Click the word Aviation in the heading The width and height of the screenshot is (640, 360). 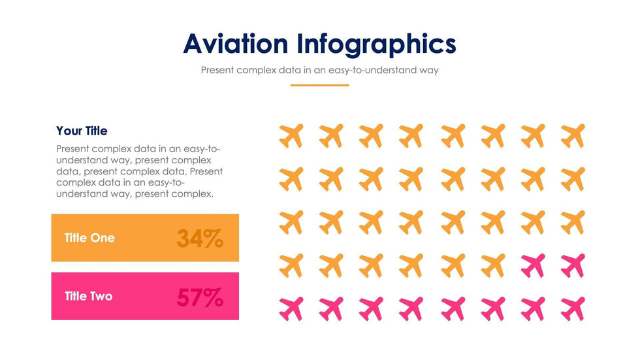tap(235, 44)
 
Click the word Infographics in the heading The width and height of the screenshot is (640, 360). tap(376, 45)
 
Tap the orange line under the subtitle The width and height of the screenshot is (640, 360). tap(319, 85)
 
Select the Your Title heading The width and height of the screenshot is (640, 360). tap(82, 131)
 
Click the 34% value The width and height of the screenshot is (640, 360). tap(200, 238)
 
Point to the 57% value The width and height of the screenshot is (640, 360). tap(200, 297)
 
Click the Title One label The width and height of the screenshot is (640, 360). tap(89, 238)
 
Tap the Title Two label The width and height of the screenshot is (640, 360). tap(89, 296)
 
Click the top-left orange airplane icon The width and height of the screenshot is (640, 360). tap(291, 136)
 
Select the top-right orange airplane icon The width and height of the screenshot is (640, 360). tap(573, 136)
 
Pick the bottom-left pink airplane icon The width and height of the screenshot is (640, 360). tap(291, 308)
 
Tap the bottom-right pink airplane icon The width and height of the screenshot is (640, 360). tap(573, 308)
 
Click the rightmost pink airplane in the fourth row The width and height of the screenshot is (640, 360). tap(573, 265)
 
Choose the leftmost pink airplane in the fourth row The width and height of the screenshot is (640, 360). tap(533, 265)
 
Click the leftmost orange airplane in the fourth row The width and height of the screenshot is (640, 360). tap(291, 265)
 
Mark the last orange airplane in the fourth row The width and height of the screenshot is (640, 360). tap(493, 265)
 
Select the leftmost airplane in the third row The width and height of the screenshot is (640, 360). tap(291, 222)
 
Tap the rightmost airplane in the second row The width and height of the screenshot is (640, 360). tap(573, 179)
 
